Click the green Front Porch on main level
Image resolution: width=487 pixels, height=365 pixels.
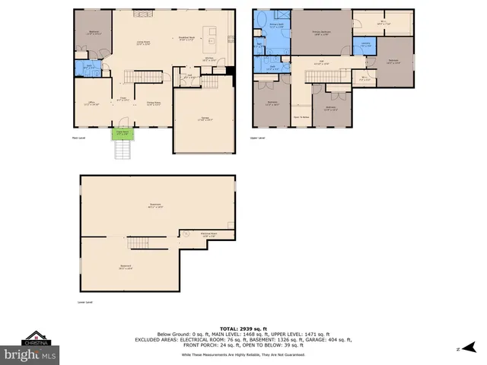[x=121, y=135]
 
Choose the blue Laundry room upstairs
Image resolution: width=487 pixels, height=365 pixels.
[x=366, y=45]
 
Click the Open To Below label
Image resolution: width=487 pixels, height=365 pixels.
[x=301, y=116]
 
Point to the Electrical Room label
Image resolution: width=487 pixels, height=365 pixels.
[x=210, y=234]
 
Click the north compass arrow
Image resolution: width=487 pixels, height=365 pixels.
[x=463, y=348]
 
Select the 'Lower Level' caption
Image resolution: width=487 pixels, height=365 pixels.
[x=85, y=302]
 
